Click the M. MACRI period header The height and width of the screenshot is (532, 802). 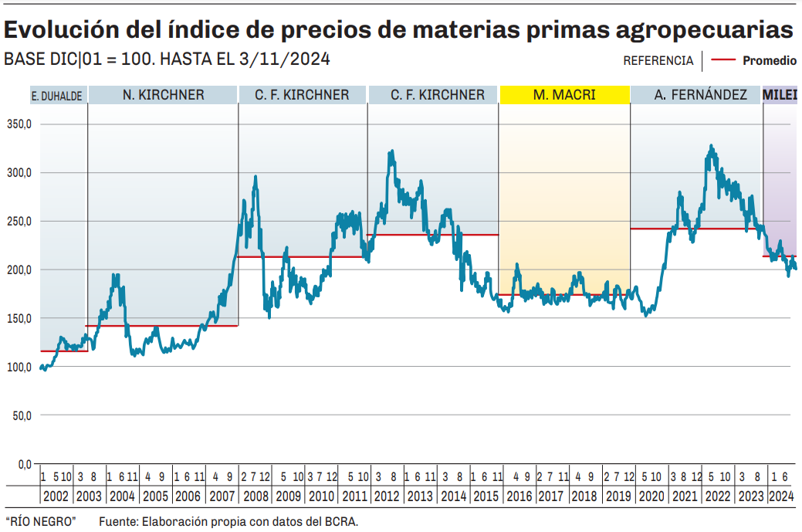[x=564, y=95]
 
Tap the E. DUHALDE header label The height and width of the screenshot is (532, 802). [x=57, y=97]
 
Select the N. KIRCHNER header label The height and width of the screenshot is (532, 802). [x=163, y=95]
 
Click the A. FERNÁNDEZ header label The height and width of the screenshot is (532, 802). [x=700, y=95]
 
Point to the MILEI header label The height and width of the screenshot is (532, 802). [x=780, y=95]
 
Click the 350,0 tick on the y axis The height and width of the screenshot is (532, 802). [x=17, y=124]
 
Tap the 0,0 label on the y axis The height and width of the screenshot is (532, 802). [x=22, y=464]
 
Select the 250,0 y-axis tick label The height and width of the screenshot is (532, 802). [x=17, y=221]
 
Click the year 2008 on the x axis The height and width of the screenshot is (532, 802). [x=255, y=496]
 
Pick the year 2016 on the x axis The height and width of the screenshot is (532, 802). [x=520, y=496]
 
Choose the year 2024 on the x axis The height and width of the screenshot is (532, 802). [x=781, y=496]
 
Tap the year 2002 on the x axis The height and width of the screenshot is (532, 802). [x=56, y=496]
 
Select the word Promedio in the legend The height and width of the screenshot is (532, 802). [x=769, y=60]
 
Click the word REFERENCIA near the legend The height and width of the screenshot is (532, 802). [x=658, y=60]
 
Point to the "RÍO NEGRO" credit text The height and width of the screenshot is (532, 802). [x=40, y=522]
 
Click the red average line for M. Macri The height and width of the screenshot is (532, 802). [x=564, y=294]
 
